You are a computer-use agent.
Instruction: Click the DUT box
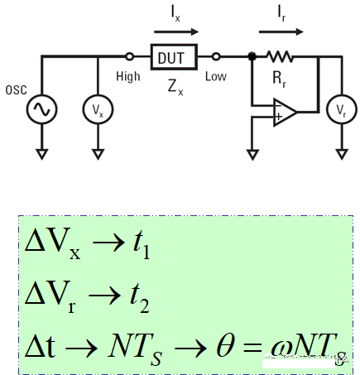coord(173,57)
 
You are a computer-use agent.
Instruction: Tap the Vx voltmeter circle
coord(97,108)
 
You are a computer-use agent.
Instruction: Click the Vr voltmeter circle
coord(339,108)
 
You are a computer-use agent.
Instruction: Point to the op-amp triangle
coord(286,110)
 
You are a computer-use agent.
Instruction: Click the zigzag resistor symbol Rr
coord(279,57)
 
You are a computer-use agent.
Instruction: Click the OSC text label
coord(16,89)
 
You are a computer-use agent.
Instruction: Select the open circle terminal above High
coord(129,57)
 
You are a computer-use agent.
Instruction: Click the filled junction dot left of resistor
coord(252,57)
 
